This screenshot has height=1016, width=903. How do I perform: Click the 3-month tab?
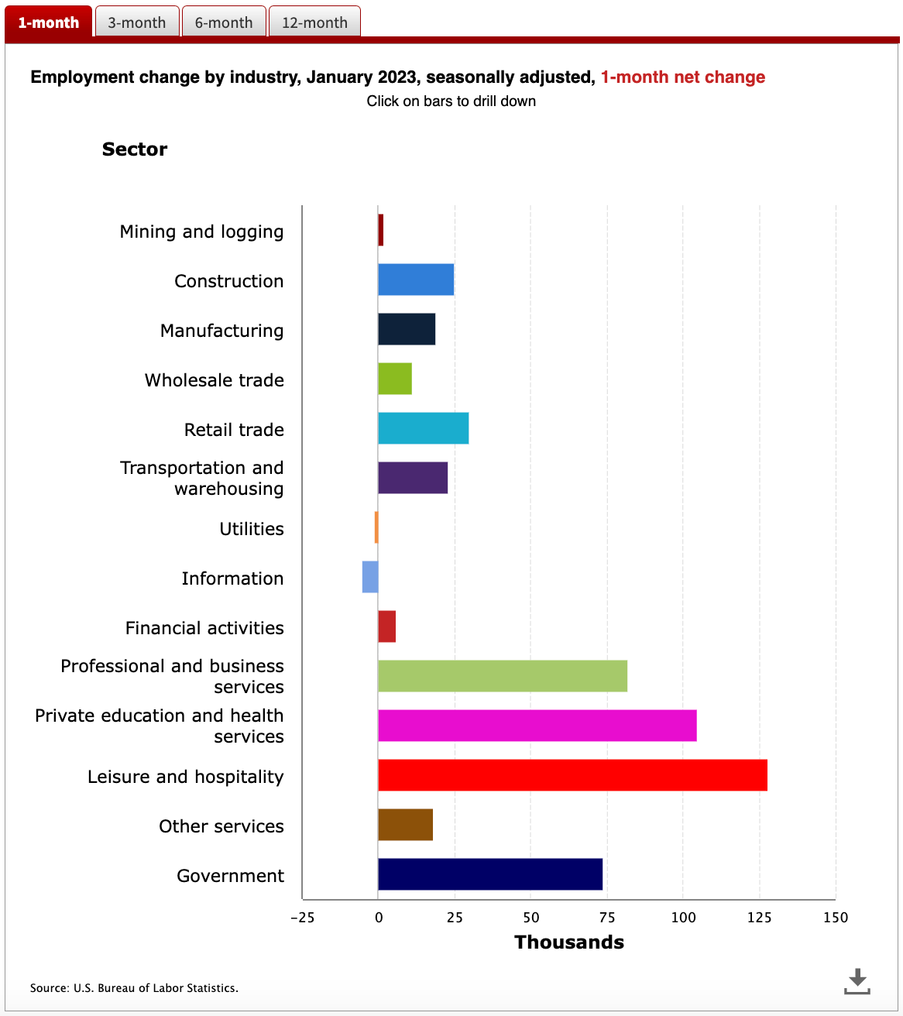click(x=137, y=22)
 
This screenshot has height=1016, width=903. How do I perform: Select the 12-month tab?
click(x=314, y=22)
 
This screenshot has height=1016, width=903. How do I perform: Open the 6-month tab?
click(x=224, y=22)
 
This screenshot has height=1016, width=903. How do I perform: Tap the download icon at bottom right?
click(x=857, y=981)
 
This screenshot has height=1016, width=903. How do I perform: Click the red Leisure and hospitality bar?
click(x=572, y=775)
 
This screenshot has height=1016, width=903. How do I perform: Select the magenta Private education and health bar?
click(x=537, y=726)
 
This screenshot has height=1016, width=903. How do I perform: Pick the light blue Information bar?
click(x=370, y=577)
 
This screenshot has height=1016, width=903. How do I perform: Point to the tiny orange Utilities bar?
click(x=376, y=527)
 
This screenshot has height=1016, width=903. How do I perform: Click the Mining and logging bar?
click(x=381, y=230)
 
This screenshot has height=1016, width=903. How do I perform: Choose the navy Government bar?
click(x=490, y=874)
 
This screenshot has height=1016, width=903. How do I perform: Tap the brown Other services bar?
click(x=405, y=825)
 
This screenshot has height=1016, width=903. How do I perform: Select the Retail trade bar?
click(x=424, y=428)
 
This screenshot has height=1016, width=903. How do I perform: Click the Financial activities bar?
click(x=386, y=626)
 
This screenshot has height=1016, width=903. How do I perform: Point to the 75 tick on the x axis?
click(x=607, y=918)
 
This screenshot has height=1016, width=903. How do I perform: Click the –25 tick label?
click(x=303, y=918)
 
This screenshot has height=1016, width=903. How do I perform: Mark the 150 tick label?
click(x=836, y=918)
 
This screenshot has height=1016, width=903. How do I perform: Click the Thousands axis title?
click(x=569, y=942)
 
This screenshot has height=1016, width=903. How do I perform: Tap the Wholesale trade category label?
click(x=215, y=380)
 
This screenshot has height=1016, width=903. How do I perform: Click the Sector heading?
click(x=135, y=149)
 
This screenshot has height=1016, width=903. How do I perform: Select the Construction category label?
click(x=228, y=281)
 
